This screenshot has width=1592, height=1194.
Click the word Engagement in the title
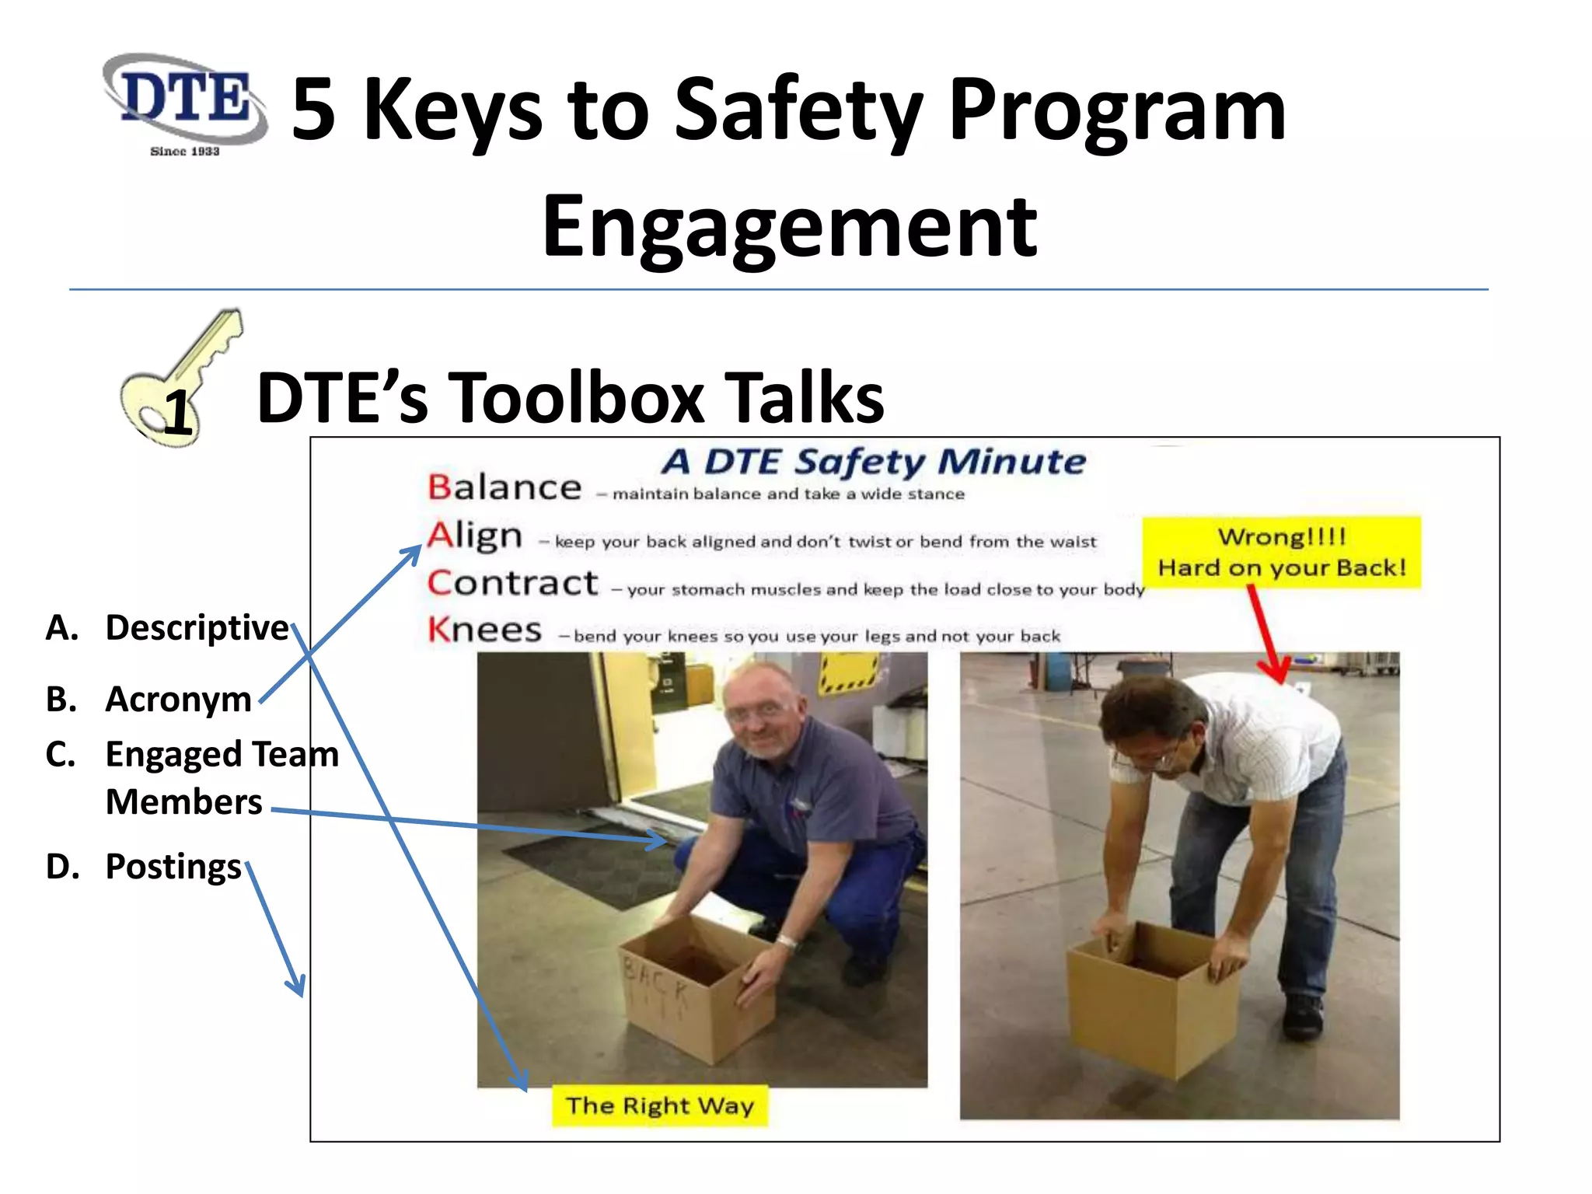click(x=789, y=227)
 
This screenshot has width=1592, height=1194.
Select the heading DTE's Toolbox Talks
click(x=570, y=398)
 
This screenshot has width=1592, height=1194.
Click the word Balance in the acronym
click(x=504, y=488)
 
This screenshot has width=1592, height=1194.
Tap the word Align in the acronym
click(x=474, y=536)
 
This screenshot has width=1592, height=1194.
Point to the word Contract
click(x=513, y=583)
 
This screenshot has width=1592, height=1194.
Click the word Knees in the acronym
click(x=484, y=630)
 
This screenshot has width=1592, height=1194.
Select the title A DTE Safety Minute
click(x=873, y=462)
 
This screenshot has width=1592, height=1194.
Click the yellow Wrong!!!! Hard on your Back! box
click(x=1281, y=552)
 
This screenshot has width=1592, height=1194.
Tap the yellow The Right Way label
click(x=659, y=1105)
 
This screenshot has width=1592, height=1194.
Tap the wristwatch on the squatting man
click(x=787, y=942)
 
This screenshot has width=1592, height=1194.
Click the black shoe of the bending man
click(x=1302, y=1014)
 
